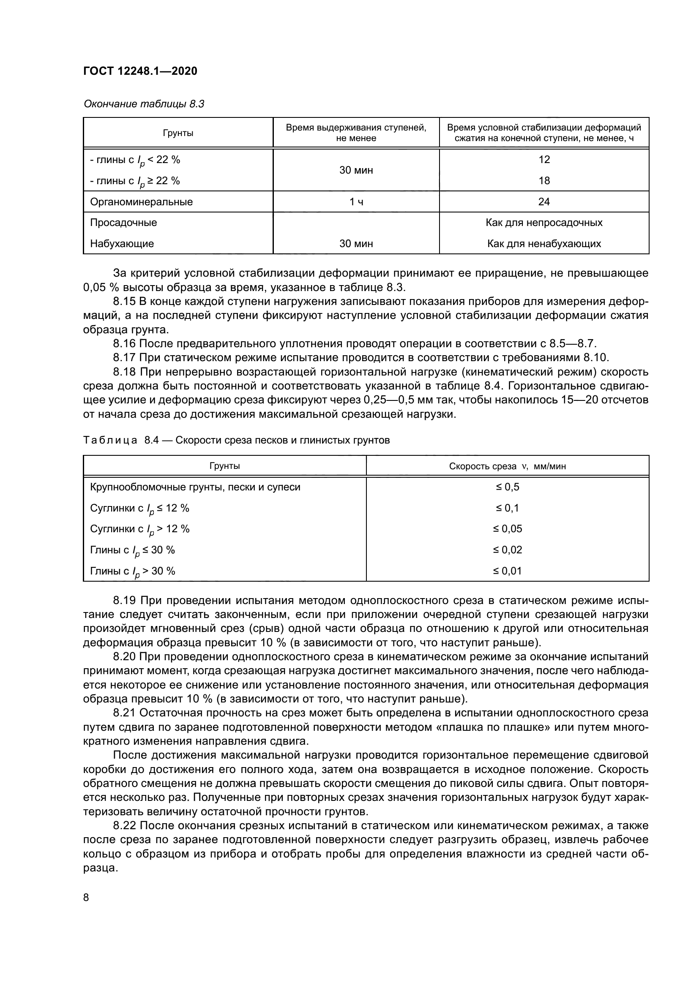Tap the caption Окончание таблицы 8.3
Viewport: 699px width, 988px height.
tap(144, 104)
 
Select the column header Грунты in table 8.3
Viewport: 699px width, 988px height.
tap(178, 133)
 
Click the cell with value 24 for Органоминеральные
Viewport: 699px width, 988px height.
tap(543, 202)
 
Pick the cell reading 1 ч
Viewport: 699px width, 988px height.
tap(356, 202)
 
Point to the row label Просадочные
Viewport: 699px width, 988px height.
tap(123, 223)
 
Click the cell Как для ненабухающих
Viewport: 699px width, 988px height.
tap(543, 244)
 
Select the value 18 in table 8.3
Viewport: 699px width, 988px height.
tap(543, 181)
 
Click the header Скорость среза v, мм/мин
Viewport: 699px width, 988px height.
tap(507, 466)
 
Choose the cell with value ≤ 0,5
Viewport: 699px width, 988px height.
tap(507, 487)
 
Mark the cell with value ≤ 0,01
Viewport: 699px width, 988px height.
tap(507, 571)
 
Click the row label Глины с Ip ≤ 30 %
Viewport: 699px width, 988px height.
tap(133, 550)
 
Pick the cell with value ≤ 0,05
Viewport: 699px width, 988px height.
tap(507, 529)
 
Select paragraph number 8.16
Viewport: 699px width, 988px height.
tap(125, 343)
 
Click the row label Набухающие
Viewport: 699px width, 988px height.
tap(122, 244)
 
